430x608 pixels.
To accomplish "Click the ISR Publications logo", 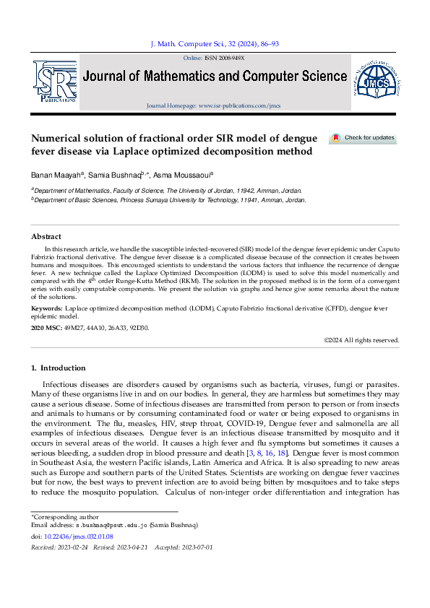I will [x=54, y=80].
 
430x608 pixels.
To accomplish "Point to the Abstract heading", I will [x=46, y=236].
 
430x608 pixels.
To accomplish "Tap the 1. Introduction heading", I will [x=59, y=368].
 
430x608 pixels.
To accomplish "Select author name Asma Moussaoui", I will [x=184, y=175].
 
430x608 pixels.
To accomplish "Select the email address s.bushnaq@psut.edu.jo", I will [x=101, y=526].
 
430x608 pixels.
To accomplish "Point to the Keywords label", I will [x=46, y=309].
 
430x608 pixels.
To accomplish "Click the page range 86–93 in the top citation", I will [x=267, y=44].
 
